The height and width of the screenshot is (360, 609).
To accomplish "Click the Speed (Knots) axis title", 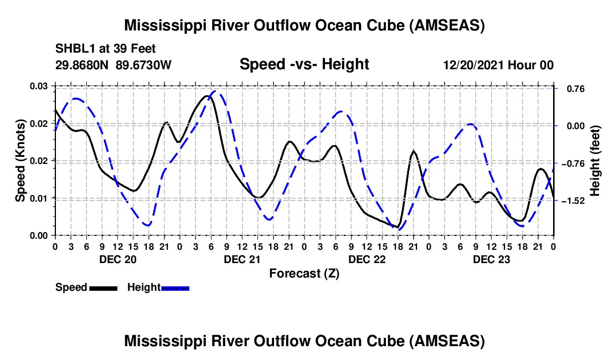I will coord(20,161).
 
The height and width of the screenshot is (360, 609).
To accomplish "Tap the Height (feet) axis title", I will coord(595,161).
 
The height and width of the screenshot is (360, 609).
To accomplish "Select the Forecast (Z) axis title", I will coord(304,273).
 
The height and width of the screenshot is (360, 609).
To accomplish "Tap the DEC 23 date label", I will coord(491,259).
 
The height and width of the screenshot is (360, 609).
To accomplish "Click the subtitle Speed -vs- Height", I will coord(304,64).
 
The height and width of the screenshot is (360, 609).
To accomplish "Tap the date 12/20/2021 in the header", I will coord(471,65).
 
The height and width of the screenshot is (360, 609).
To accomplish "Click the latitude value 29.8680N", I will coord(82,65).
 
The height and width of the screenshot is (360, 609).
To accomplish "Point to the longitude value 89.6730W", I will coord(143,65).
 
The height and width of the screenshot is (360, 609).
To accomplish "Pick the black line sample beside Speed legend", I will coord(102,288).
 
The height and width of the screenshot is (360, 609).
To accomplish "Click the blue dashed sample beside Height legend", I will coord(175,288).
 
